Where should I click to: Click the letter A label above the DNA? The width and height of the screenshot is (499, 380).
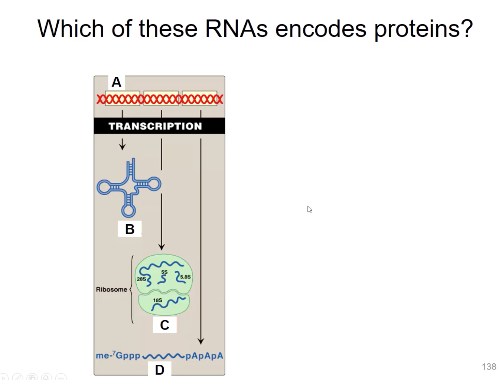click(x=116, y=82)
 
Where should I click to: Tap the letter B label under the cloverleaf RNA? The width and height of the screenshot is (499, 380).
click(x=130, y=229)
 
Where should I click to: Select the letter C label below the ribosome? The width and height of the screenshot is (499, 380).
click(x=164, y=325)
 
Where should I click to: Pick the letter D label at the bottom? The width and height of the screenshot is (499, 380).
click(x=160, y=370)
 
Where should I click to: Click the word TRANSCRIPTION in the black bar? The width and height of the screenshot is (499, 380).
click(x=155, y=126)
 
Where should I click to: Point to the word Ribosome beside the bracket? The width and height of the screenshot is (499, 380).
click(x=111, y=289)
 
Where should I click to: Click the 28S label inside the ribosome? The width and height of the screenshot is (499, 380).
click(x=141, y=279)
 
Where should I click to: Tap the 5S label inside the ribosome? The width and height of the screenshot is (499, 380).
click(x=164, y=272)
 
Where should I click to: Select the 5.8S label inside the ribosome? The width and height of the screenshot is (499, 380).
click(x=185, y=277)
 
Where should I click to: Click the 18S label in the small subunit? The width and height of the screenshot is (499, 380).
click(x=157, y=300)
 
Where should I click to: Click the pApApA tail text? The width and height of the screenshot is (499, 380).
click(x=204, y=356)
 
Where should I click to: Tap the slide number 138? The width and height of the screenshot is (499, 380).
click(x=489, y=367)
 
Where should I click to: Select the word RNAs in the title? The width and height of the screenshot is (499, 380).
click(x=236, y=29)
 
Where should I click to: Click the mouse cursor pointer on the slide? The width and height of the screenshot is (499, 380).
click(x=309, y=209)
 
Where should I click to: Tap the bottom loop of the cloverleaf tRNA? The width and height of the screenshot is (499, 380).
click(x=128, y=211)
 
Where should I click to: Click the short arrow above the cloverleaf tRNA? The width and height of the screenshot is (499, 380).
click(x=123, y=144)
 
